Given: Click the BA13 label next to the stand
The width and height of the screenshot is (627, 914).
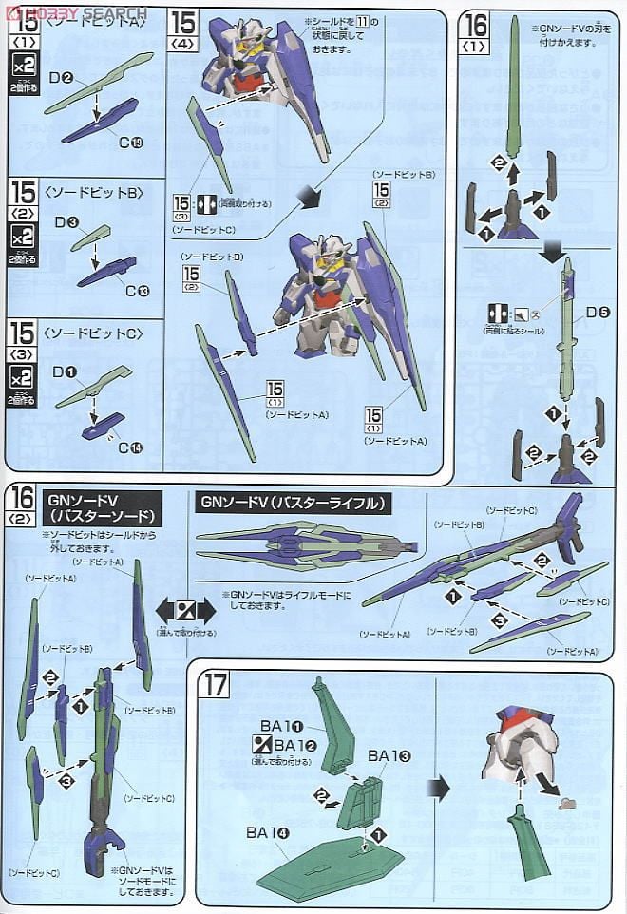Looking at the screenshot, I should [x=389, y=755].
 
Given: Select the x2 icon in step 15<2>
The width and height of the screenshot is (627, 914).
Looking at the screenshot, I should [x=21, y=237].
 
